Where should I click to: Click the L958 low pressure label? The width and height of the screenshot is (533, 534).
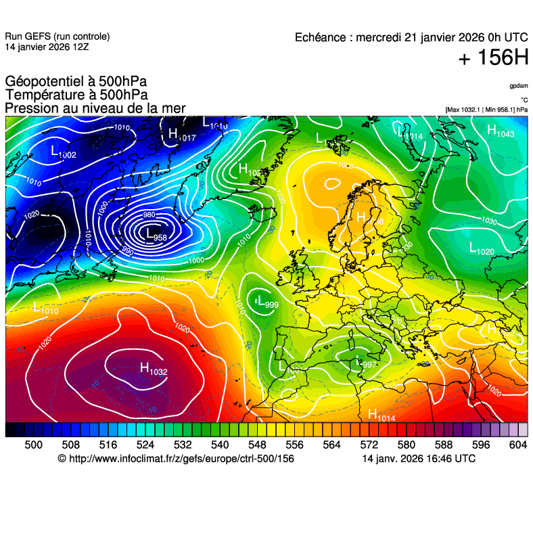click(x=156, y=236)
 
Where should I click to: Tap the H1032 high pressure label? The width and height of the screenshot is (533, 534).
click(x=154, y=369)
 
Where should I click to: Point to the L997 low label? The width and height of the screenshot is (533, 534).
click(x=366, y=363)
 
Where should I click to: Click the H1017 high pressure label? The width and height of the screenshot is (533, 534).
click(x=182, y=135)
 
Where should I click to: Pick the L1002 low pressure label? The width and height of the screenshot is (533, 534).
click(x=64, y=153)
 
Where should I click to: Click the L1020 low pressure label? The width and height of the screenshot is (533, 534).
click(x=482, y=249)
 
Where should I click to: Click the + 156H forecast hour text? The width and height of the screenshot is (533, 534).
click(x=492, y=59)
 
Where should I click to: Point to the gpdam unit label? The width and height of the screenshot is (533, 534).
click(x=518, y=86)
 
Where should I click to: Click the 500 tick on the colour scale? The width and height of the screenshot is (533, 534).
click(x=33, y=444)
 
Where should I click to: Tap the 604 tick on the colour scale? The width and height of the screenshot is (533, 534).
click(x=517, y=444)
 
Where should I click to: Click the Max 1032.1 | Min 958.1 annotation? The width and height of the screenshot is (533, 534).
click(x=486, y=109)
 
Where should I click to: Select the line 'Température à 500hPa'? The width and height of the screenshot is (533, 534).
click(x=76, y=95)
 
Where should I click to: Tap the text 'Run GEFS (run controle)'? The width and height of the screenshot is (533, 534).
click(x=57, y=37)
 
